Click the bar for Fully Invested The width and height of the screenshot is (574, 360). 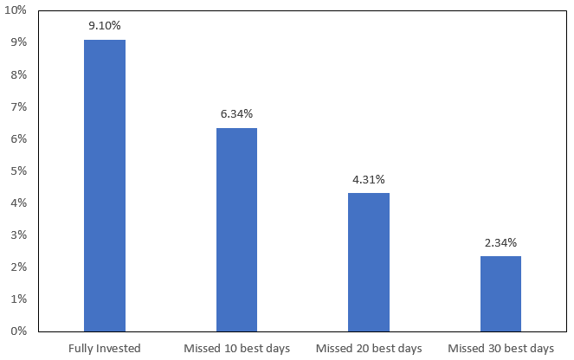tap(104, 185)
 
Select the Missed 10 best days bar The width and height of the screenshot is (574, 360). tap(236, 229)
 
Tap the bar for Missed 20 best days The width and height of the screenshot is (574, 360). tap(368, 261)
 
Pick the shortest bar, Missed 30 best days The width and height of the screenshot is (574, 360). tap(500, 293)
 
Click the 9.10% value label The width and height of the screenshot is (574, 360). tap(104, 26)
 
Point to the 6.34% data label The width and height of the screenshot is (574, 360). tap(236, 114)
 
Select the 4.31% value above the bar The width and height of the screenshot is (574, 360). tap(368, 179)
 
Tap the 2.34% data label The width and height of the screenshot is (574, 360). tap(500, 242)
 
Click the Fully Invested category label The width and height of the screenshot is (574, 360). tap(104, 348)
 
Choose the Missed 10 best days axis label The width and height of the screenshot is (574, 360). tap(236, 348)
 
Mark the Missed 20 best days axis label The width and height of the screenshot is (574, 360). tap(368, 348)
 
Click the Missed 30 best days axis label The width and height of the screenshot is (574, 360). tap(500, 348)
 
